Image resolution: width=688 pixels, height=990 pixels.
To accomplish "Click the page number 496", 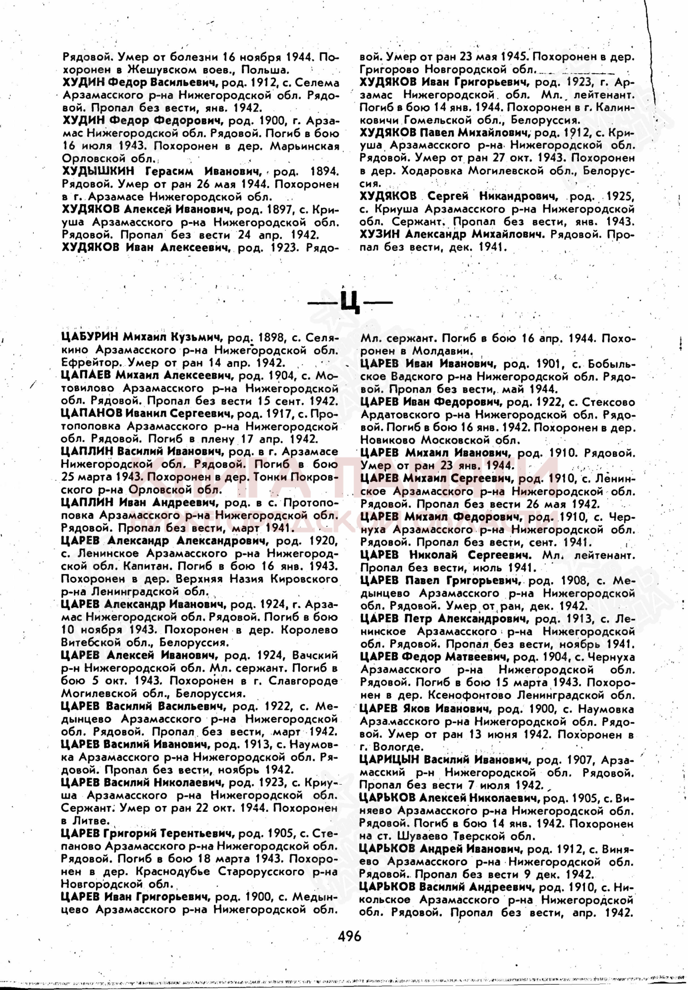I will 349,937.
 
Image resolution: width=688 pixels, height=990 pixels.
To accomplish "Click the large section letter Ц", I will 350,301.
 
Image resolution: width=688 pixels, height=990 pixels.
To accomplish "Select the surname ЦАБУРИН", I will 90,338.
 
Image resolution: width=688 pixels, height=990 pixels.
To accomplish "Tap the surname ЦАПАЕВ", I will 86,375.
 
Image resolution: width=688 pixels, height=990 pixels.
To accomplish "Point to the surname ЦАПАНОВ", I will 91,413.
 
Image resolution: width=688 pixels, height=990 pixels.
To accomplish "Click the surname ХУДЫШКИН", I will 99,171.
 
